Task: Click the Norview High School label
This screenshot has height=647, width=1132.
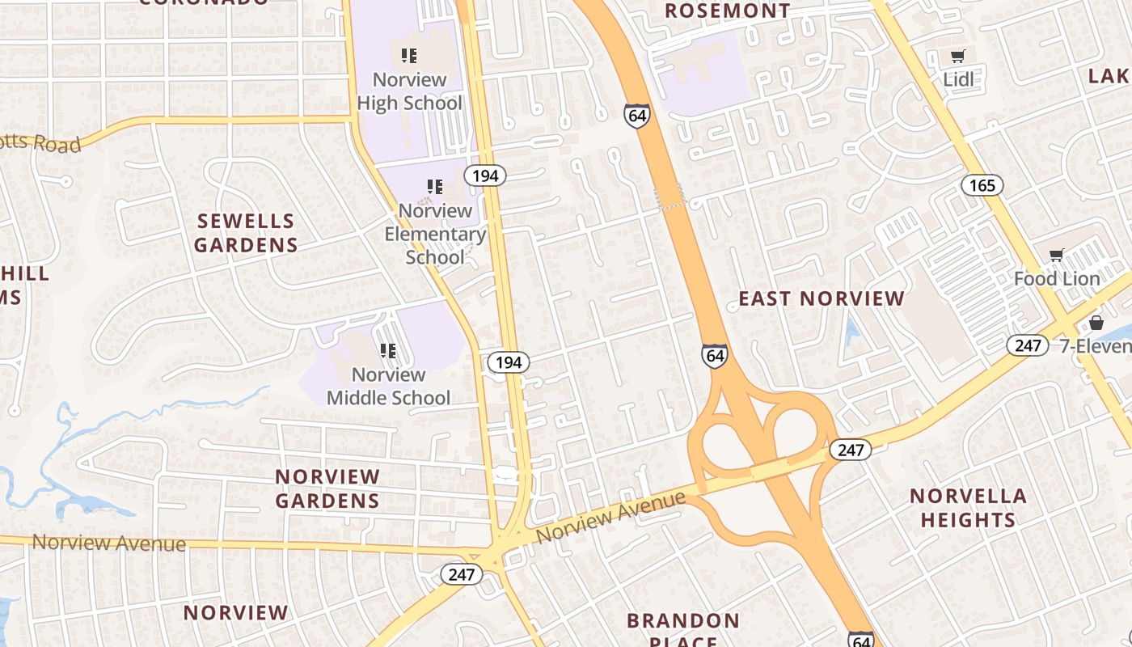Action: [410, 91]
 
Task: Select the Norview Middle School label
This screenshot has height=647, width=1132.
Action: [388, 386]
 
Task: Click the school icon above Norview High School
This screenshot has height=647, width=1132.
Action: [409, 56]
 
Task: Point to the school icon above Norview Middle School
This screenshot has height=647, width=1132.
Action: [388, 351]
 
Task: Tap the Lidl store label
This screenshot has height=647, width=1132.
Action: [959, 79]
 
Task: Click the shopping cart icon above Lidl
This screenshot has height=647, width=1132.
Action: [958, 56]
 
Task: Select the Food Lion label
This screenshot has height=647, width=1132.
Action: [1057, 279]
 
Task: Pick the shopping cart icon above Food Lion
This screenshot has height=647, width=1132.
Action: [1056, 256]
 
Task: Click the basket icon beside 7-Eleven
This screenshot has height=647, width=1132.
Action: [1096, 323]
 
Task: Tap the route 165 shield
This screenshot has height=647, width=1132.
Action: [982, 185]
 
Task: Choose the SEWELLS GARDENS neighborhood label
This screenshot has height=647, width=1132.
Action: [246, 233]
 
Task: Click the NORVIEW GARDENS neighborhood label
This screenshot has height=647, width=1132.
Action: [327, 488]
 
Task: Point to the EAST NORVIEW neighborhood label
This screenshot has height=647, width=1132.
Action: [822, 298]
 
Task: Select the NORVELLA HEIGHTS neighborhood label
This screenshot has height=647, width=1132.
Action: [968, 508]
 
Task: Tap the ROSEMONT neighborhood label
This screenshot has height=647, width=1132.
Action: [728, 11]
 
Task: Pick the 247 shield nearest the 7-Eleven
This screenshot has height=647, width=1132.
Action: [1028, 346]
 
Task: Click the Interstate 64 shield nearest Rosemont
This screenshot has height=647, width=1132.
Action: [637, 116]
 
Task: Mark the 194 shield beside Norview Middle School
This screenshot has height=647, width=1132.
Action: [509, 362]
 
